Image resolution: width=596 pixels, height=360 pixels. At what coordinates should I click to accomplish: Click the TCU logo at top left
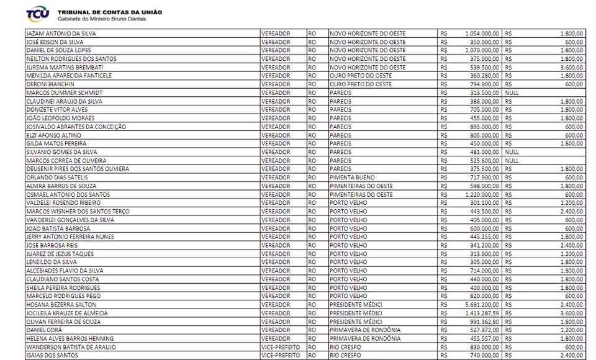(38, 14)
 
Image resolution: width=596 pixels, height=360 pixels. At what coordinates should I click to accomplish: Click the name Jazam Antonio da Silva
(61, 34)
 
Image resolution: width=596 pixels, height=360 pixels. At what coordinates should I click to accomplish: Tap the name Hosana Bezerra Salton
(61, 305)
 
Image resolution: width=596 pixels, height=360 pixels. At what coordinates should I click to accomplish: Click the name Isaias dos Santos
(52, 356)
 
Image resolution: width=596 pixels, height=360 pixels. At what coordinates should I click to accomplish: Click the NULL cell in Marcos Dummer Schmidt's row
(512, 92)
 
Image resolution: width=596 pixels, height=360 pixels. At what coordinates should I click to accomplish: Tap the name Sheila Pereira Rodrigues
(63, 288)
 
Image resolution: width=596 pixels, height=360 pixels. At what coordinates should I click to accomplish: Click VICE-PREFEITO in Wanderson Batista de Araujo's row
(281, 347)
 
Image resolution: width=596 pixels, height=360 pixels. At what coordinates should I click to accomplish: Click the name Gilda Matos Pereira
(56, 143)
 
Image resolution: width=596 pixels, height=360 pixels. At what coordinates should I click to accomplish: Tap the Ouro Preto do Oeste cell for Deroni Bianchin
(361, 84)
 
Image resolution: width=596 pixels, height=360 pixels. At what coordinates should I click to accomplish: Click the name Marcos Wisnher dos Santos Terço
(78, 212)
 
